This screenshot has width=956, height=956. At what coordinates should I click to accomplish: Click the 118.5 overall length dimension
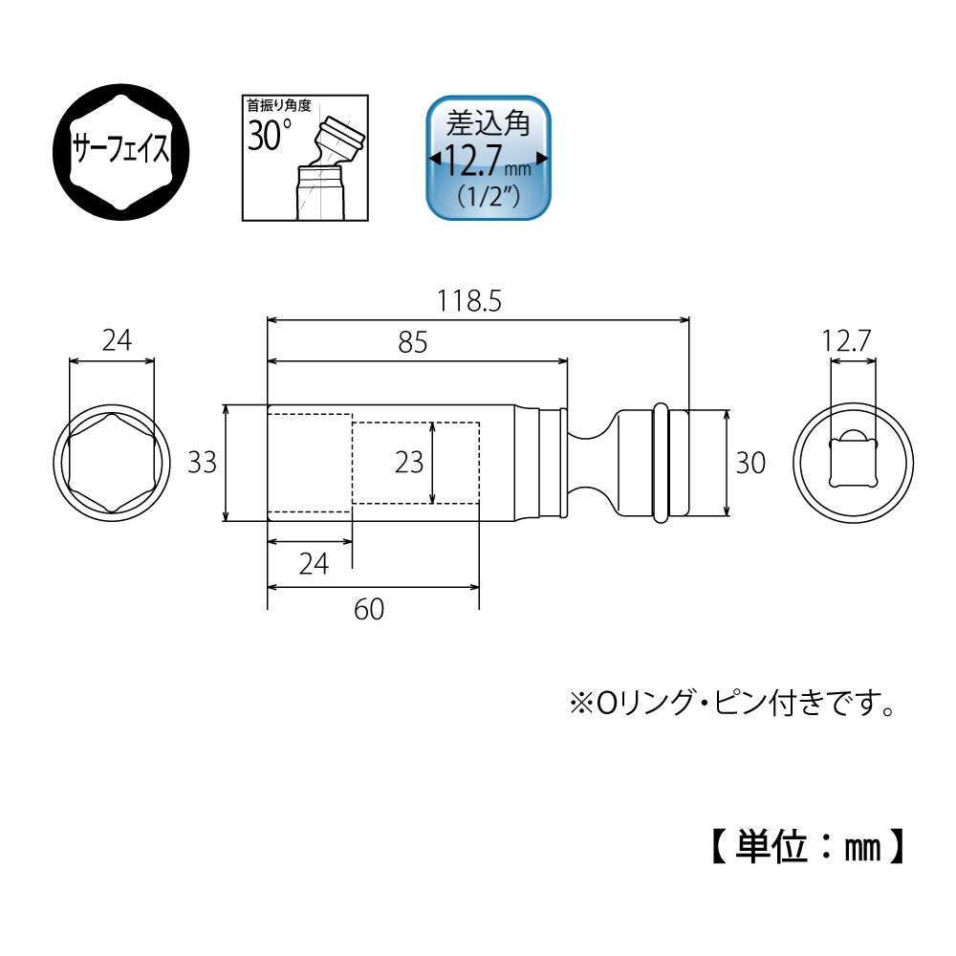click(469, 302)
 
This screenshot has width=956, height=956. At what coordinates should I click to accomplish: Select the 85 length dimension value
click(412, 341)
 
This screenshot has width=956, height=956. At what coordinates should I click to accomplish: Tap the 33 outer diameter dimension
click(202, 463)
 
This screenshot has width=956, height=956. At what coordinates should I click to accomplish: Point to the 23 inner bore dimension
click(408, 463)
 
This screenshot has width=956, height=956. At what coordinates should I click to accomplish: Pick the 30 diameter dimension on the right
click(750, 463)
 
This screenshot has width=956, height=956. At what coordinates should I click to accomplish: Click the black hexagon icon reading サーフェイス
click(120, 150)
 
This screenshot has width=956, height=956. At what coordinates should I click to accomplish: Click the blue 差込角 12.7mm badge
click(489, 157)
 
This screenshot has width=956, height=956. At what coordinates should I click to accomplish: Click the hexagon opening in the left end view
click(112, 463)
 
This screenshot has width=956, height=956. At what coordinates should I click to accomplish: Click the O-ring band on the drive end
click(660, 464)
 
